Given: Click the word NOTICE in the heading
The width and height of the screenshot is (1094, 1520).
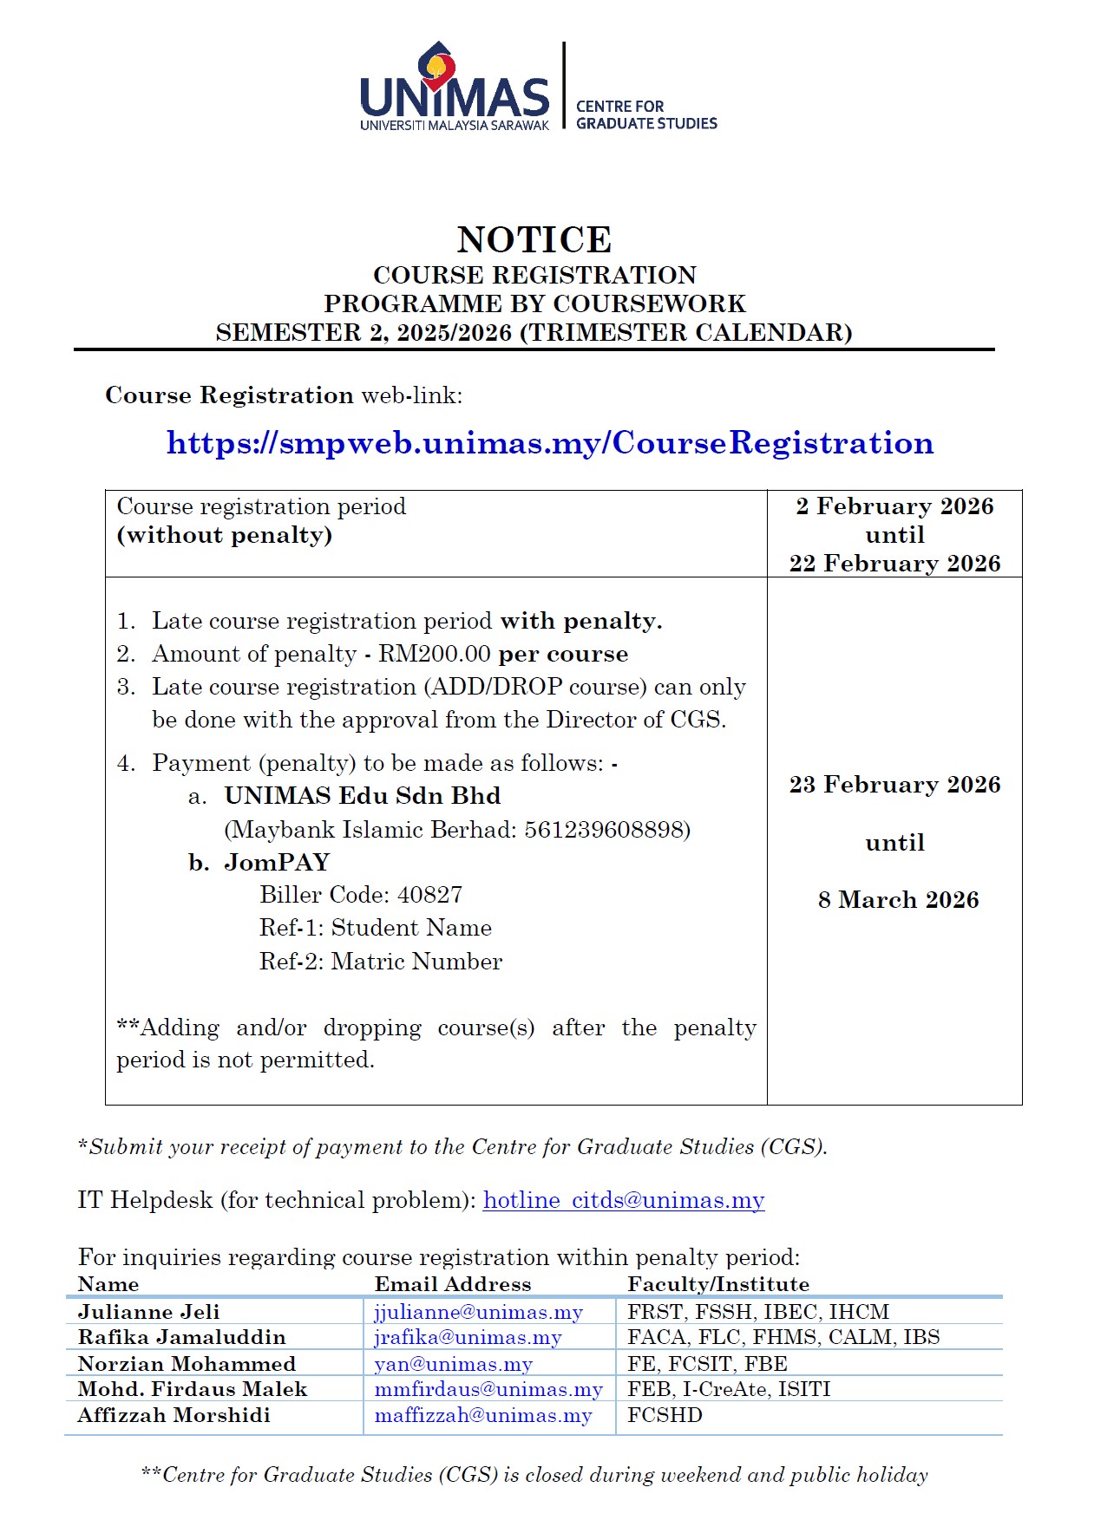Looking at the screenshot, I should (x=534, y=239).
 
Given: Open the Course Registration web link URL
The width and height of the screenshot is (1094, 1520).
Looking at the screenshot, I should (x=550, y=443).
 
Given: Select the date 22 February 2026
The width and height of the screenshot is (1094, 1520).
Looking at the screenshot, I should (x=894, y=564).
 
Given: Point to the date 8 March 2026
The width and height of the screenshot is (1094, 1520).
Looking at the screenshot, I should (x=898, y=900).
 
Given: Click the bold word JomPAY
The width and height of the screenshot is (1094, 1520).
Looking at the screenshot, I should (x=277, y=863).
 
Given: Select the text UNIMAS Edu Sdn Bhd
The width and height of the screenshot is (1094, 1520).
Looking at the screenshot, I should (x=362, y=796).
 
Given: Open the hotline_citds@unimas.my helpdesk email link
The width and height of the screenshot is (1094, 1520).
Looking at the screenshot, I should (x=624, y=1200).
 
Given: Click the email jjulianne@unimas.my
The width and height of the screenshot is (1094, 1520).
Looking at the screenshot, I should (x=478, y=1312).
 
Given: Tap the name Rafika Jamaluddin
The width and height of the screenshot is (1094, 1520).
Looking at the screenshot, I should (x=181, y=1337).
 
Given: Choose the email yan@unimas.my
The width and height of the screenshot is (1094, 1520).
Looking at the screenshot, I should (x=453, y=1364).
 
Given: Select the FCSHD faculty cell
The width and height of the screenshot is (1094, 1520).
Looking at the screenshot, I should (x=665, y=1415).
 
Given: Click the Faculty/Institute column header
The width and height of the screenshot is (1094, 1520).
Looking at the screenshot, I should (x=718, y=1284).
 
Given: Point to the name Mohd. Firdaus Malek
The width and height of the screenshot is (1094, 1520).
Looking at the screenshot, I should (x=192, y=1389).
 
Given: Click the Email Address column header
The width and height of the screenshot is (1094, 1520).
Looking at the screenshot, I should (x=452, y=1284).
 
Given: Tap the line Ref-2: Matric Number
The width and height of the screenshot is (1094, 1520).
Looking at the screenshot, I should (x=380, y=962).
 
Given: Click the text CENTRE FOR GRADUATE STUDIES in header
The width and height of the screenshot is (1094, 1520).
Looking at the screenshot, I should (x=646, y=114).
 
